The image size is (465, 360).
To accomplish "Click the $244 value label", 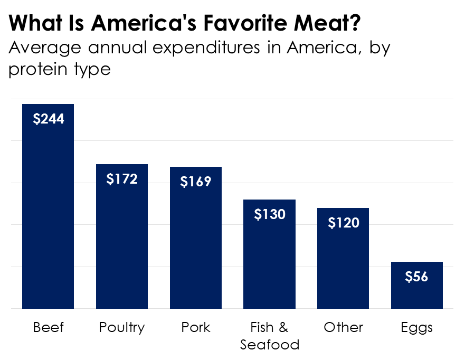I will [49, 119].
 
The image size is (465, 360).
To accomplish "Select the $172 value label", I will [122, 179].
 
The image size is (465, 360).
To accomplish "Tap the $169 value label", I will [196, 182].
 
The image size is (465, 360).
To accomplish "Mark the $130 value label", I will [270, 214].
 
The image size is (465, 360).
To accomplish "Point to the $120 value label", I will [344, 223].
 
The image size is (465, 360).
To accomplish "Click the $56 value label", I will [416, 277].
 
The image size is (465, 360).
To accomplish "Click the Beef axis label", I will [48, 327].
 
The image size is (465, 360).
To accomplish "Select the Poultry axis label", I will [121, 328].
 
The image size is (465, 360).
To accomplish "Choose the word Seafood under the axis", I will [270, 345].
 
